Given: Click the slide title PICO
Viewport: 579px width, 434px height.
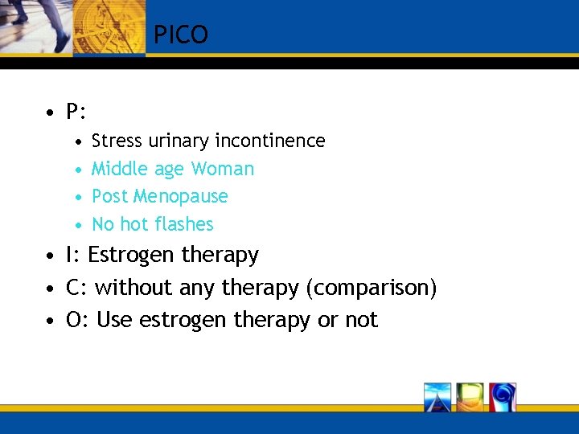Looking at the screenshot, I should [181, 35].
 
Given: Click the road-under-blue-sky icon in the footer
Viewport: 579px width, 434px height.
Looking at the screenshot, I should [437, 397].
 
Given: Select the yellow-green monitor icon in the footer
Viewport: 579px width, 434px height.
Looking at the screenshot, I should [470, 397].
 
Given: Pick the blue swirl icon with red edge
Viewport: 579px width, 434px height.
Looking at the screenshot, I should [503, 397].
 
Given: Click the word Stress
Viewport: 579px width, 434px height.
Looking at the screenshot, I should [115, 141].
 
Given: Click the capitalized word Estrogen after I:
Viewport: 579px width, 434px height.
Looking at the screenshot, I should [130, 256].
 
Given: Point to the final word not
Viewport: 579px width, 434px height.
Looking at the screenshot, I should [361, 320].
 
